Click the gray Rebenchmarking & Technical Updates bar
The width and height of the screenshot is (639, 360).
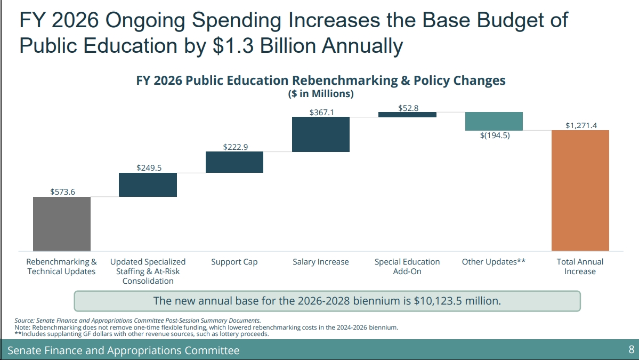[x=62, y=223]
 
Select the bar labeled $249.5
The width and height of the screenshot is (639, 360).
[x=148, y=185]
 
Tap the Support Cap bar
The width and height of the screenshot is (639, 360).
[x=234, y=162]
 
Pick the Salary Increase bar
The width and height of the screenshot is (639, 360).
[x=321, y=134]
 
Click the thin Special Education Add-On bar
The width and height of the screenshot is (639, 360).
[x=407, y=114]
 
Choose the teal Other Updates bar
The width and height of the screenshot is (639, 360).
[x=494, y=121]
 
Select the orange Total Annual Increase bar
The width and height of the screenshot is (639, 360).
[x=580, y=190]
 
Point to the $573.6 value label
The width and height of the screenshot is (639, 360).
[x=62, y=191]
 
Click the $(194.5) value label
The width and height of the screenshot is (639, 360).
[x=495, y=135]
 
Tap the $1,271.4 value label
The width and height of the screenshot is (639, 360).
[x=581, y=125]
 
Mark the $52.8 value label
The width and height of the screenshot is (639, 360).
[x=408, y=108]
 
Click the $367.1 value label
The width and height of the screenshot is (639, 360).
[x=321, y=113]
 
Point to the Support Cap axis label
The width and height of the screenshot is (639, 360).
[x=234, y=262]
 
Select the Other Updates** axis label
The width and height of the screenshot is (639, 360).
[x=494, y=262]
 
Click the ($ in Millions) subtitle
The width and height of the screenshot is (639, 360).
[x=321, y=94]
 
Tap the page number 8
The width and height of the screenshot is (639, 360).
[x=631, y=350]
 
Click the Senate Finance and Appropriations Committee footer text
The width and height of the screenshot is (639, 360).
[x=124, y=350]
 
